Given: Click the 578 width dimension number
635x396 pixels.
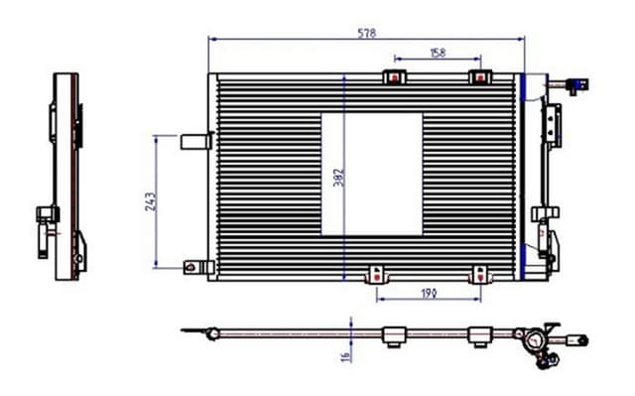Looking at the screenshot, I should pyautogui.click(x=367, y=32).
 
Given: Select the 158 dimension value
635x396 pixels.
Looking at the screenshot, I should pyautogui.click(x=437, y=52).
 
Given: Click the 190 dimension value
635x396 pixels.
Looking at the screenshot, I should pyautogui.click(x=429, y=292).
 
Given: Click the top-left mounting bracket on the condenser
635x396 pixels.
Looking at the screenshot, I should pyautogui.click(x=395, y=76).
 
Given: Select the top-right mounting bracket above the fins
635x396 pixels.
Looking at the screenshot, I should pyautogui.click(x=480, y=76).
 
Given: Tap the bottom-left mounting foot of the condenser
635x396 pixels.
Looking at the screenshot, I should pyautogui.click(x=376, y=274).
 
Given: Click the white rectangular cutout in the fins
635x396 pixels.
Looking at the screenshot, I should pyautogui.click(x=372, y=174).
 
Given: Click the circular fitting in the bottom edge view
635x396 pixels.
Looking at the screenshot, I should pyautogui.click(x=535, y=342).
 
